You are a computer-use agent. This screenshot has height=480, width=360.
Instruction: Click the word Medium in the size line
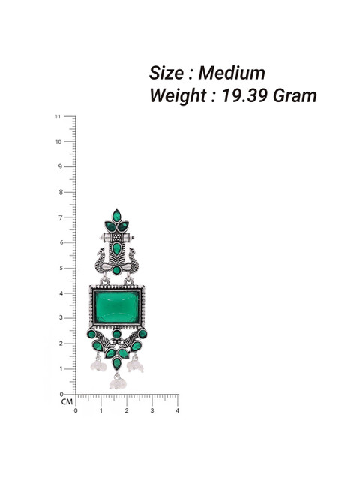[232, 73]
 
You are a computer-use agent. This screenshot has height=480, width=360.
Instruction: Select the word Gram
[295, 95]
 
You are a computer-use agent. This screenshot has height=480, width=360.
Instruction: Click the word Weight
[178, 96]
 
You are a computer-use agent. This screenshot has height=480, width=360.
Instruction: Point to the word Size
[166, 73]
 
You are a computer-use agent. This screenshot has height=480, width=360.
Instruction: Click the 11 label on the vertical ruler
[58, 117]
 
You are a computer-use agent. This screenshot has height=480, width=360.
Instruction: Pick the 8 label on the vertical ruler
[61, 192]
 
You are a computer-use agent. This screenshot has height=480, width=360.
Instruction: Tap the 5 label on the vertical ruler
[61, 268]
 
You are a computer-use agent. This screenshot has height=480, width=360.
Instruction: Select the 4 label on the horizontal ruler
[177, 411]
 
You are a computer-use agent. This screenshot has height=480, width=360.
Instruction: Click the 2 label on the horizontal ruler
[127, 411]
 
